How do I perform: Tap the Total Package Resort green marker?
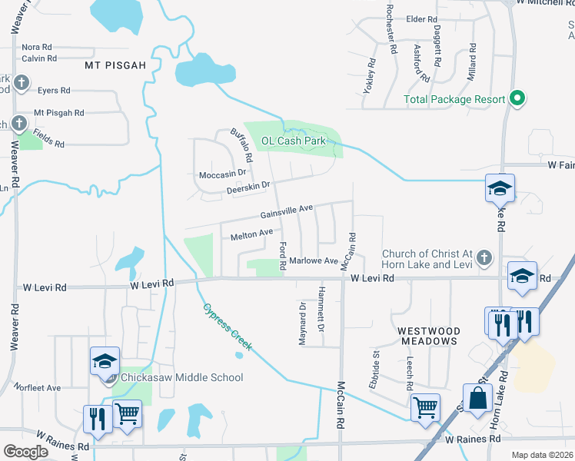click(517, 99)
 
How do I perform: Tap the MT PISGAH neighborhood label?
click(115, 65)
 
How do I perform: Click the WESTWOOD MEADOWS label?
click(428, 334)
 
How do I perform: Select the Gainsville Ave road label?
click(286, 210)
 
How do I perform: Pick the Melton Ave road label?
click(251, 234)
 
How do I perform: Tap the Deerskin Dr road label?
click(248, 187)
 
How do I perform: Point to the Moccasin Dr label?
click(226, 174)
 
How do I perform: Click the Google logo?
click(25, 451)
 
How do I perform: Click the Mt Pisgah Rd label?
click(58, 113)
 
